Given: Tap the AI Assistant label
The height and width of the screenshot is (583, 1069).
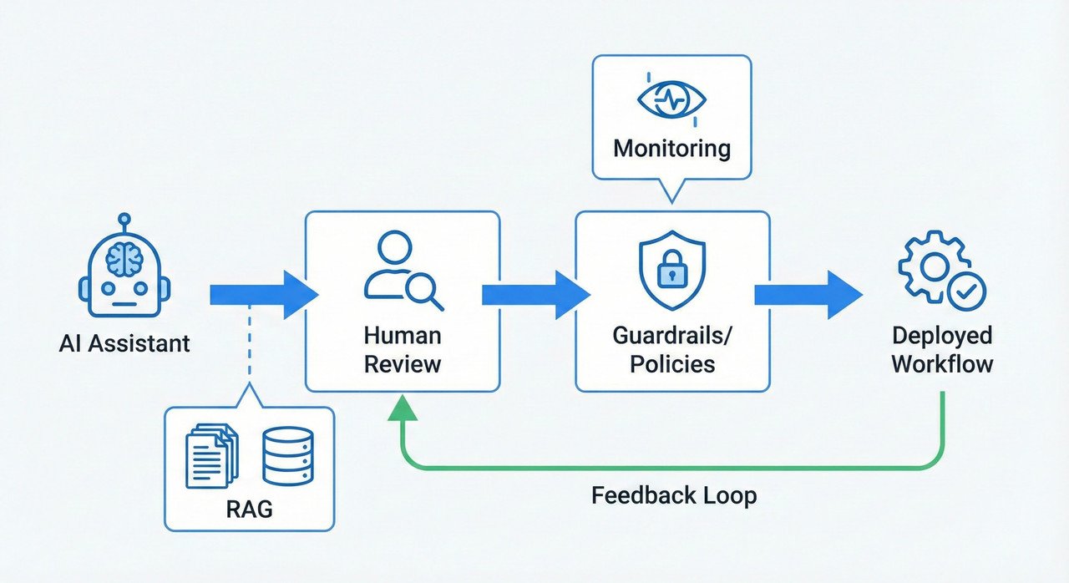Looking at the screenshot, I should pos(124,342).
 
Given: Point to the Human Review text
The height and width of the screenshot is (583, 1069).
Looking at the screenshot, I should pos(402,350).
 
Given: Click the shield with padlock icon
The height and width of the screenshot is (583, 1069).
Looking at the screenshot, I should pos(671,265).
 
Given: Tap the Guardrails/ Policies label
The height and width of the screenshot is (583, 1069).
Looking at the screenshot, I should pos(671,350).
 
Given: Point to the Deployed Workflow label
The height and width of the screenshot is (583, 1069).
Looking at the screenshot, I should pos(942,350).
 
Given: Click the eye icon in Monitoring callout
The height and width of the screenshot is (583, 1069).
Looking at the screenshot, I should pos(671,98).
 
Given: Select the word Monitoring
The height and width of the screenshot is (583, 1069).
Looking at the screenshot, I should pos(671,149).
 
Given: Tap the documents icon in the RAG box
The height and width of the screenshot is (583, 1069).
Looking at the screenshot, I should pos(210,454).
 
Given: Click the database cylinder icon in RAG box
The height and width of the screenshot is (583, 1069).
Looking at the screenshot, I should pos(287,455).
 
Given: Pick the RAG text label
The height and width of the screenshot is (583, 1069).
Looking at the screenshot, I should pos(249,508).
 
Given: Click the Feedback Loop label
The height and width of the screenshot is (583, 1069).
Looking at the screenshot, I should pos(674,495).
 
